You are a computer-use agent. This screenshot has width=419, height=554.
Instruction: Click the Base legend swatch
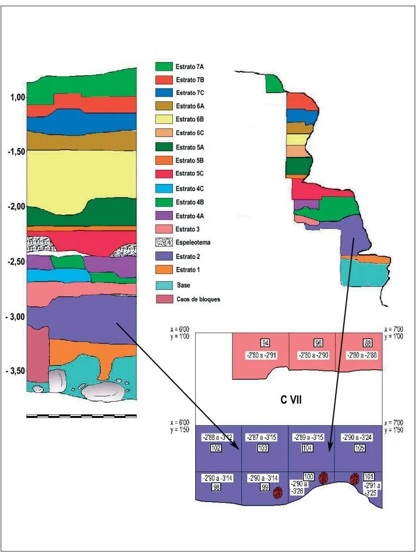(x=164, y=285)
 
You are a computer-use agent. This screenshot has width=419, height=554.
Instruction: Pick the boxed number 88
(x=361, y=342)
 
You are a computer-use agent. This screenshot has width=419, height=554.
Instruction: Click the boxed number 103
(x=263, y=448)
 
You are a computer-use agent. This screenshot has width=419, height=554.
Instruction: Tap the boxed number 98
(x=216, y=488)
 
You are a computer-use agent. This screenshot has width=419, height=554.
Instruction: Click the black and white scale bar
(x=81, y=416)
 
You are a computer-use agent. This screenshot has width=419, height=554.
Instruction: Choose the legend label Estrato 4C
(x=190, y=188)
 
